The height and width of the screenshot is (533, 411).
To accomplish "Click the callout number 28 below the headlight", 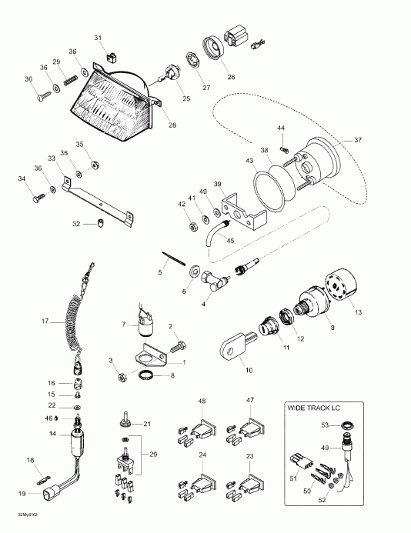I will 172,125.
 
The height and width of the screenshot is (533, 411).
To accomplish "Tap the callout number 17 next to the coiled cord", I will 45,321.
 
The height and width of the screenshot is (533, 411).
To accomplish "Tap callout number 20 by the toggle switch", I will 154,455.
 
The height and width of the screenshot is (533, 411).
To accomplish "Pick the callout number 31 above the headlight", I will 98,37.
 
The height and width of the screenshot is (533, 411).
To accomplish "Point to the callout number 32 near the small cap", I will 76,224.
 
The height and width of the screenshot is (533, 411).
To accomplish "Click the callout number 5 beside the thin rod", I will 161,271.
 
